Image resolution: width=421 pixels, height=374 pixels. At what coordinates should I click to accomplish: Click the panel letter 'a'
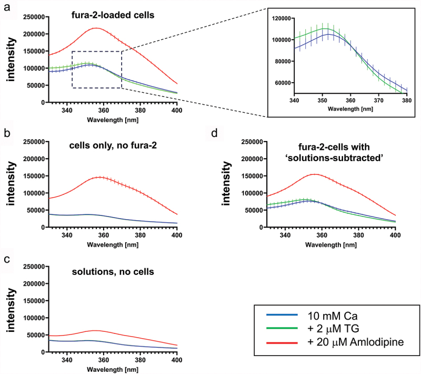pos(6,8)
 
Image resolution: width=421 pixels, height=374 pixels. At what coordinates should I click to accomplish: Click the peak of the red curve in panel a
pos(96,28)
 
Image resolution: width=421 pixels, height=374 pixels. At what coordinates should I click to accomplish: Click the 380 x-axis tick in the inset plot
pos(407,99)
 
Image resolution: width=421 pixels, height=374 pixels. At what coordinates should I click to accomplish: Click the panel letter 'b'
pos(6,133)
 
